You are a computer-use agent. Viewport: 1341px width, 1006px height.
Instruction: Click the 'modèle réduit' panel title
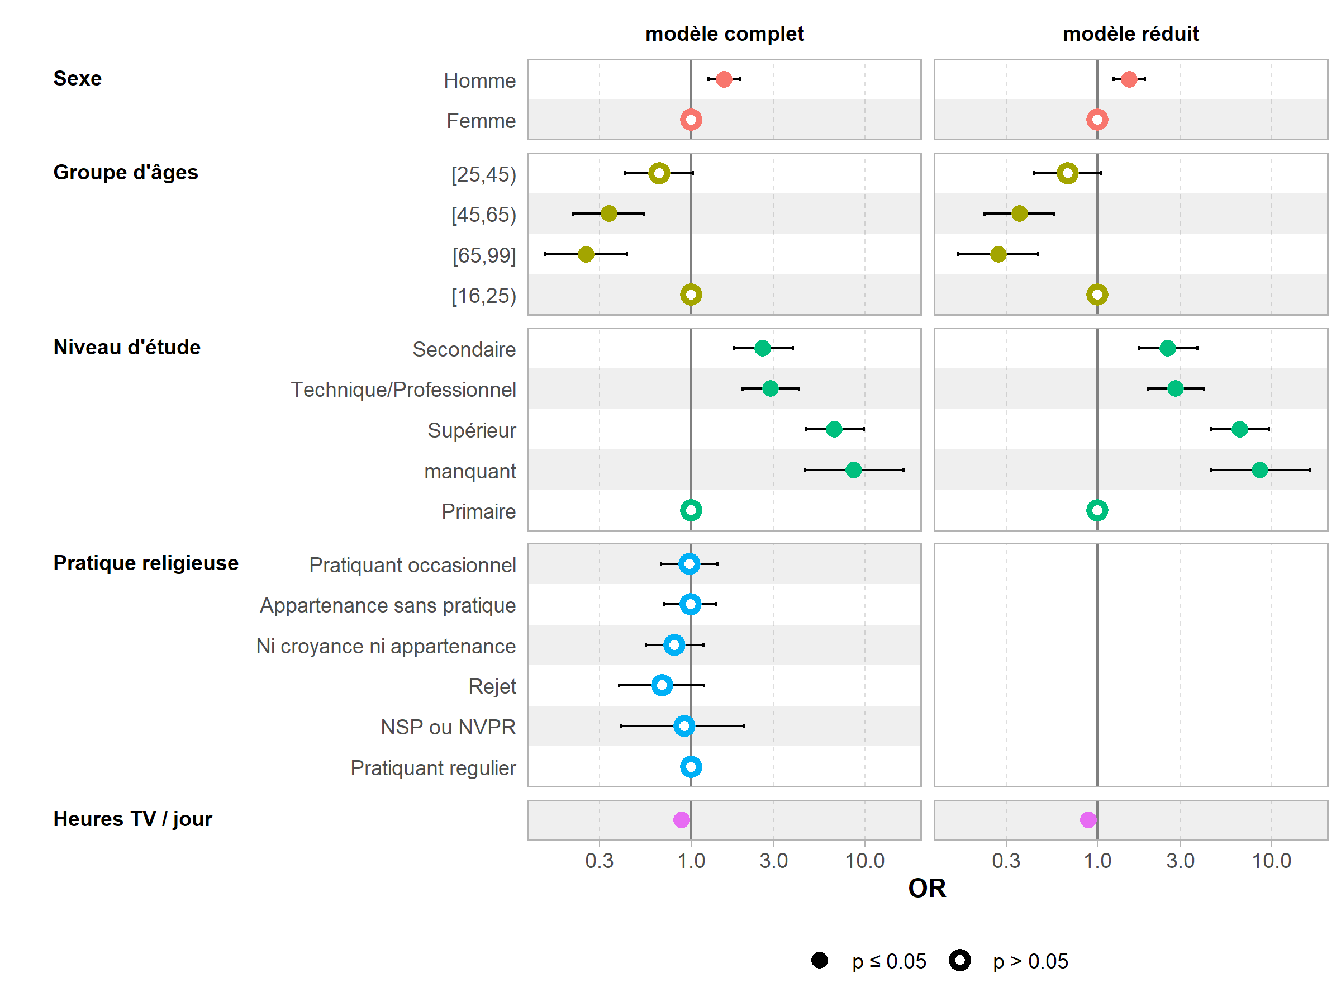tap(1131, 34)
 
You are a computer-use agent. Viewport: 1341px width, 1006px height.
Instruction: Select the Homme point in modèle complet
tap(724, 79)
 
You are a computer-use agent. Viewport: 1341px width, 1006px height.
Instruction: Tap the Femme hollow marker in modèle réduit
tap(1097, 120)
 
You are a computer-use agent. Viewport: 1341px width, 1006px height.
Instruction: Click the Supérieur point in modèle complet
tap(834, 429)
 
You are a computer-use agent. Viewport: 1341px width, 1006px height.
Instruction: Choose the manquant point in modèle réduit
tap(1259, 470)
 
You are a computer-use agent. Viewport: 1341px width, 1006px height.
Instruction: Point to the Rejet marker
tap(662, 686)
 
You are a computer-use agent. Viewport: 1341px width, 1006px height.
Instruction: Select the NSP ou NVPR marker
tap(684, 726)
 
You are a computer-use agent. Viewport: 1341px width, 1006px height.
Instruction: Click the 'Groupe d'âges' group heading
tap(126, 173)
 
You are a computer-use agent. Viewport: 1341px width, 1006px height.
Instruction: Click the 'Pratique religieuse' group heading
tap(145, 563)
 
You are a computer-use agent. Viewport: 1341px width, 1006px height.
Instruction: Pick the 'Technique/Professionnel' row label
tap(403, 390)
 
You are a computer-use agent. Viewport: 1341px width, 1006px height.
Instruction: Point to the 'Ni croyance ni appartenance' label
tap(386, 647)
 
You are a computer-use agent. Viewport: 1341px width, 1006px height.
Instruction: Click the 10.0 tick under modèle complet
tap(864, 861)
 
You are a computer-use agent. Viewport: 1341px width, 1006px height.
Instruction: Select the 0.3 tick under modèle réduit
tap(1006, 861)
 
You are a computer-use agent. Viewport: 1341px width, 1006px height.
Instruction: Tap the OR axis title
tap(926, 889)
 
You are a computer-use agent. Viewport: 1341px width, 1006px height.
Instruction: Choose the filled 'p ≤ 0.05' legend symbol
tap(820, 961)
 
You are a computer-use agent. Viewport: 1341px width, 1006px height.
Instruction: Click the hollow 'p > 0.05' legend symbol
tap(960, 961)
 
